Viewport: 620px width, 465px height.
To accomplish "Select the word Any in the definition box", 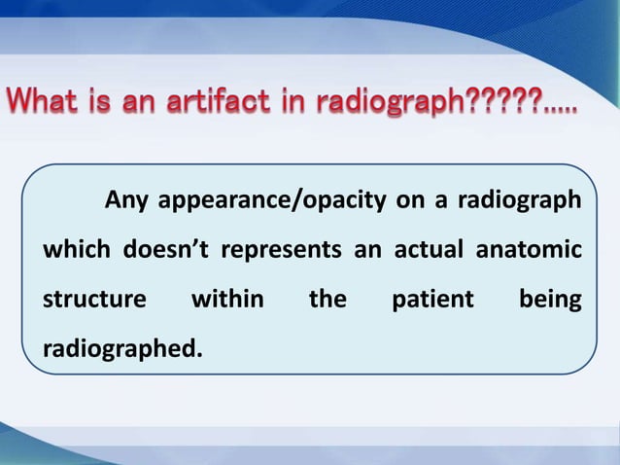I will click(x=126, y=201).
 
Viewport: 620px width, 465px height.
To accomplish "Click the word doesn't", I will click(x=167, y=251).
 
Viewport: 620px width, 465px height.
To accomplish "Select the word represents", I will click(x=282, y=251).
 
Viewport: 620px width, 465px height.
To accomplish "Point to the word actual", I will click(x=428, y=251).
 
